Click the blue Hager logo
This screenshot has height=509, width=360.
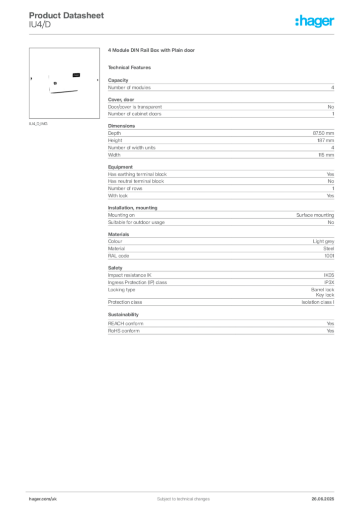pos(316,22)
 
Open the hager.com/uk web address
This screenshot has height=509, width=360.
pos(43,498)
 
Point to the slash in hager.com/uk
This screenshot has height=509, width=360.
pos(51,498)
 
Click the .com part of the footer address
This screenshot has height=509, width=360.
pos(46,498)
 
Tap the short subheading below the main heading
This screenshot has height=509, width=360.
pos(131,67)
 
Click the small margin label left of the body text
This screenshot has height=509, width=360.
pos(40,124)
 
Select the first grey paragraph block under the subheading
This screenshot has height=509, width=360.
pos(220,87)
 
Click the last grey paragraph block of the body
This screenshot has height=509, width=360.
pos(220,328)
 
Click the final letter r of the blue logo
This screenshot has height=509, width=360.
pos(333,23)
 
